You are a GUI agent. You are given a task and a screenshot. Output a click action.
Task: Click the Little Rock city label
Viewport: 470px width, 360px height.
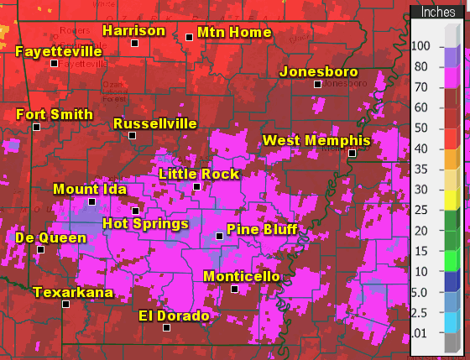pos(199,175)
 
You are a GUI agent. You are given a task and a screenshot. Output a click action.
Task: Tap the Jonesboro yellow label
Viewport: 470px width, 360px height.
pos(318,71)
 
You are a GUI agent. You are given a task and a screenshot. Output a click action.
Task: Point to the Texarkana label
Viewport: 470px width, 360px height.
pos(73,292)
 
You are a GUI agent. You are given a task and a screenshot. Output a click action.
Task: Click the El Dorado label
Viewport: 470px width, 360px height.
pos(174,316)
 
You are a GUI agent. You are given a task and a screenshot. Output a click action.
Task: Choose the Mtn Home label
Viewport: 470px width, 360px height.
pos(234,33)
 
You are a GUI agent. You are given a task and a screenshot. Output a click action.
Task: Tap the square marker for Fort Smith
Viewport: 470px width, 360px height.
pos(36,127)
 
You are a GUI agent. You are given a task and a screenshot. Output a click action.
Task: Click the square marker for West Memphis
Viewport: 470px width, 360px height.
pos(352,153)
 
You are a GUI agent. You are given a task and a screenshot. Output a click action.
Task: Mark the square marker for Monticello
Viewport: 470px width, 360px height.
pos(235,289)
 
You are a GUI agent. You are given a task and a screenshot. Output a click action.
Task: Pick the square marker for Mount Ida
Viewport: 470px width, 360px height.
pos(91,201)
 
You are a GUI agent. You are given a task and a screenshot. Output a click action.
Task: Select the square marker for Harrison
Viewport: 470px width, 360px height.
pos(134,43)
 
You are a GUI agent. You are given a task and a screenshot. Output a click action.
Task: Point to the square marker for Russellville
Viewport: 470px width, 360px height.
pos(132,135)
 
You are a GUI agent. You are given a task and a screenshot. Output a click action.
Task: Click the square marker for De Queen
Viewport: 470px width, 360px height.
pos(40,249)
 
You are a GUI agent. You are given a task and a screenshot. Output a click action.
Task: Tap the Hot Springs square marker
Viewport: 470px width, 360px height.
pos(135,211)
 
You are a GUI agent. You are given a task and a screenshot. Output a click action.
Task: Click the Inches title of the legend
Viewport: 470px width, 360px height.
pos(437,13)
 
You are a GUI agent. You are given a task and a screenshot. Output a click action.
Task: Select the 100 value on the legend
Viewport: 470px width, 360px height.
pos(421,46)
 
